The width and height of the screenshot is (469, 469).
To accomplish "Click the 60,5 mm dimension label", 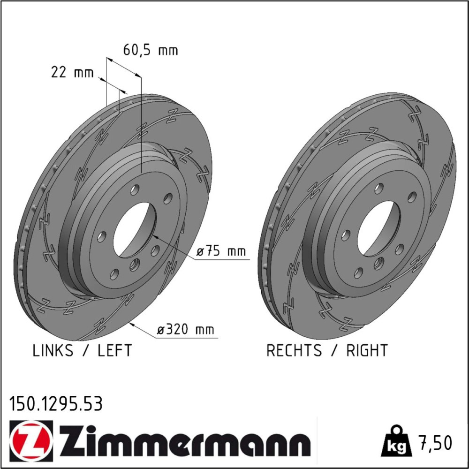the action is pos(151,50).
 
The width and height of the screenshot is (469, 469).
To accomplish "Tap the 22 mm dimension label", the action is pos(72,72).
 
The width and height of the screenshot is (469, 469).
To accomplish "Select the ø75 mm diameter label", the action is pos(221,251).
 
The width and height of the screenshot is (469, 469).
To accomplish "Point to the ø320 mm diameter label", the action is pos(186,330).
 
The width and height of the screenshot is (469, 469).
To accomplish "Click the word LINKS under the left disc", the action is pos(53,350).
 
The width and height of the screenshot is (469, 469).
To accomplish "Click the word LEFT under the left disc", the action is pos(114,350).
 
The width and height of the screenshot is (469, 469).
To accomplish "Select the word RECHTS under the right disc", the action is pos(294,350).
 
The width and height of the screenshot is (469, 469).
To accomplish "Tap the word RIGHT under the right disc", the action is pos(367,350).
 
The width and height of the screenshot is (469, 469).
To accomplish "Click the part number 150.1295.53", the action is pos(56,403).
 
